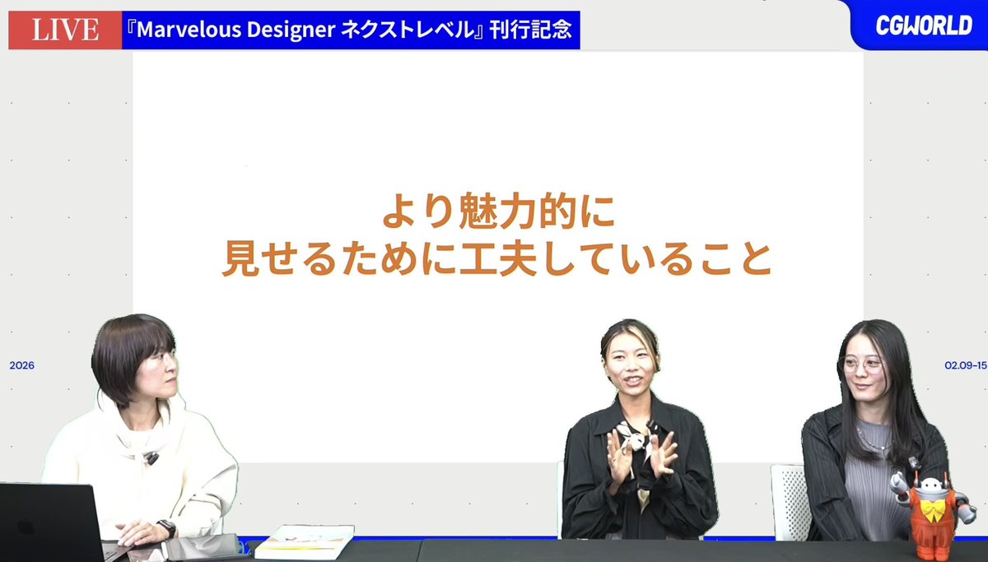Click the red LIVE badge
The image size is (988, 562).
click(x=65, y=31)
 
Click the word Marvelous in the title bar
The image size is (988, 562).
click(x=185, y=31)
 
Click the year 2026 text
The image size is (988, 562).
click(x=22, y=365)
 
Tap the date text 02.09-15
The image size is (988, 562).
click(x=965, y=365)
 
